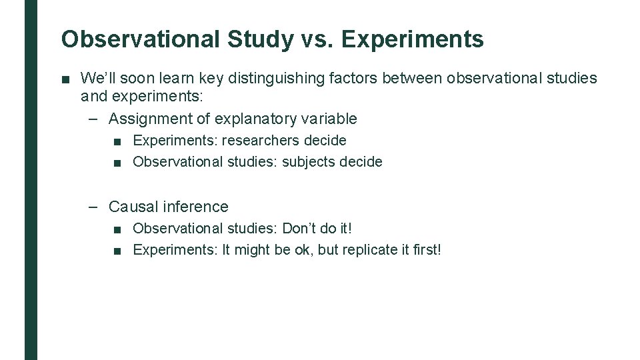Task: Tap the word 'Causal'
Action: [x=134, y=207]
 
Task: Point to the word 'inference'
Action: [x=196, y=207]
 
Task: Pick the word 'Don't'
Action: [x=301, y=229]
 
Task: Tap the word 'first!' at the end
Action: [x=425, y=250]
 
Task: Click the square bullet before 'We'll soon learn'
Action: [x=65, y=79]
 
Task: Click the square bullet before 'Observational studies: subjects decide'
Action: [x=117, y=163]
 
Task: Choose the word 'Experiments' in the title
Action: [x=413, y=39]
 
